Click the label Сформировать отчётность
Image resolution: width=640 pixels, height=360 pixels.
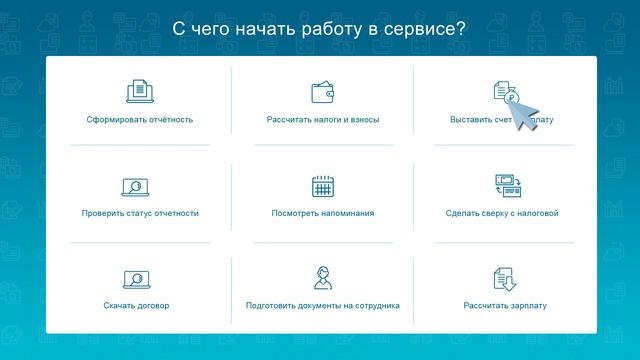point(140,120)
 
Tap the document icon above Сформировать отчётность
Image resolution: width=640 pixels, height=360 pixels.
point(140,92)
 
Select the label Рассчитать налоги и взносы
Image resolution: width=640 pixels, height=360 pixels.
point(323,120)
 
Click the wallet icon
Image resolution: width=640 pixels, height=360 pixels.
point(323,93)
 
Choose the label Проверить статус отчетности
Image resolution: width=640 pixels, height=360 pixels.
point(140,213)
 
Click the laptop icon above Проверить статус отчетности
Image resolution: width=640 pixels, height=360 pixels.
point(135,186)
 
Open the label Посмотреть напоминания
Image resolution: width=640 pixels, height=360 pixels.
point(323,213)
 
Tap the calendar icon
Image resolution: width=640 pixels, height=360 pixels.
point(323,186)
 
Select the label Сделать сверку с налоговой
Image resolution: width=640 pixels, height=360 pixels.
point(502,213)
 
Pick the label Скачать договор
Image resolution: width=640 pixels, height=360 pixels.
point(136,305)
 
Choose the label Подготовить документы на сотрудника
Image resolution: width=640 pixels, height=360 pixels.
point(323,305)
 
